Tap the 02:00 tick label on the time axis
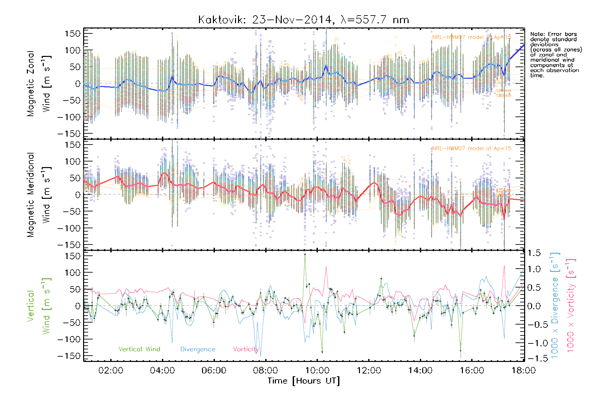coord(111,370)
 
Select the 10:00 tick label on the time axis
coord(317,370)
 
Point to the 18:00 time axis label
coord(523,370)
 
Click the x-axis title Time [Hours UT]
coord(303,381)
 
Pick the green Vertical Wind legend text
coord(139,349)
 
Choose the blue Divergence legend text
coord(198,349)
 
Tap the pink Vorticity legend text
coord(246,349)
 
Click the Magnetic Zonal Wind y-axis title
coord(38,83)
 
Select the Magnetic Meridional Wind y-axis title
coord(38,195)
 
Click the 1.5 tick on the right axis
coord(534,253)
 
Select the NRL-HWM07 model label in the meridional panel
coord(472,149)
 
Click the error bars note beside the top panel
coord(556,55)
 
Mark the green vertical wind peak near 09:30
coord(305,254)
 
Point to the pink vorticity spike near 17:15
coord(504,266)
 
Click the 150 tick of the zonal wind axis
coord(73,33)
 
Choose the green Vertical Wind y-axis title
coord(38,306)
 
